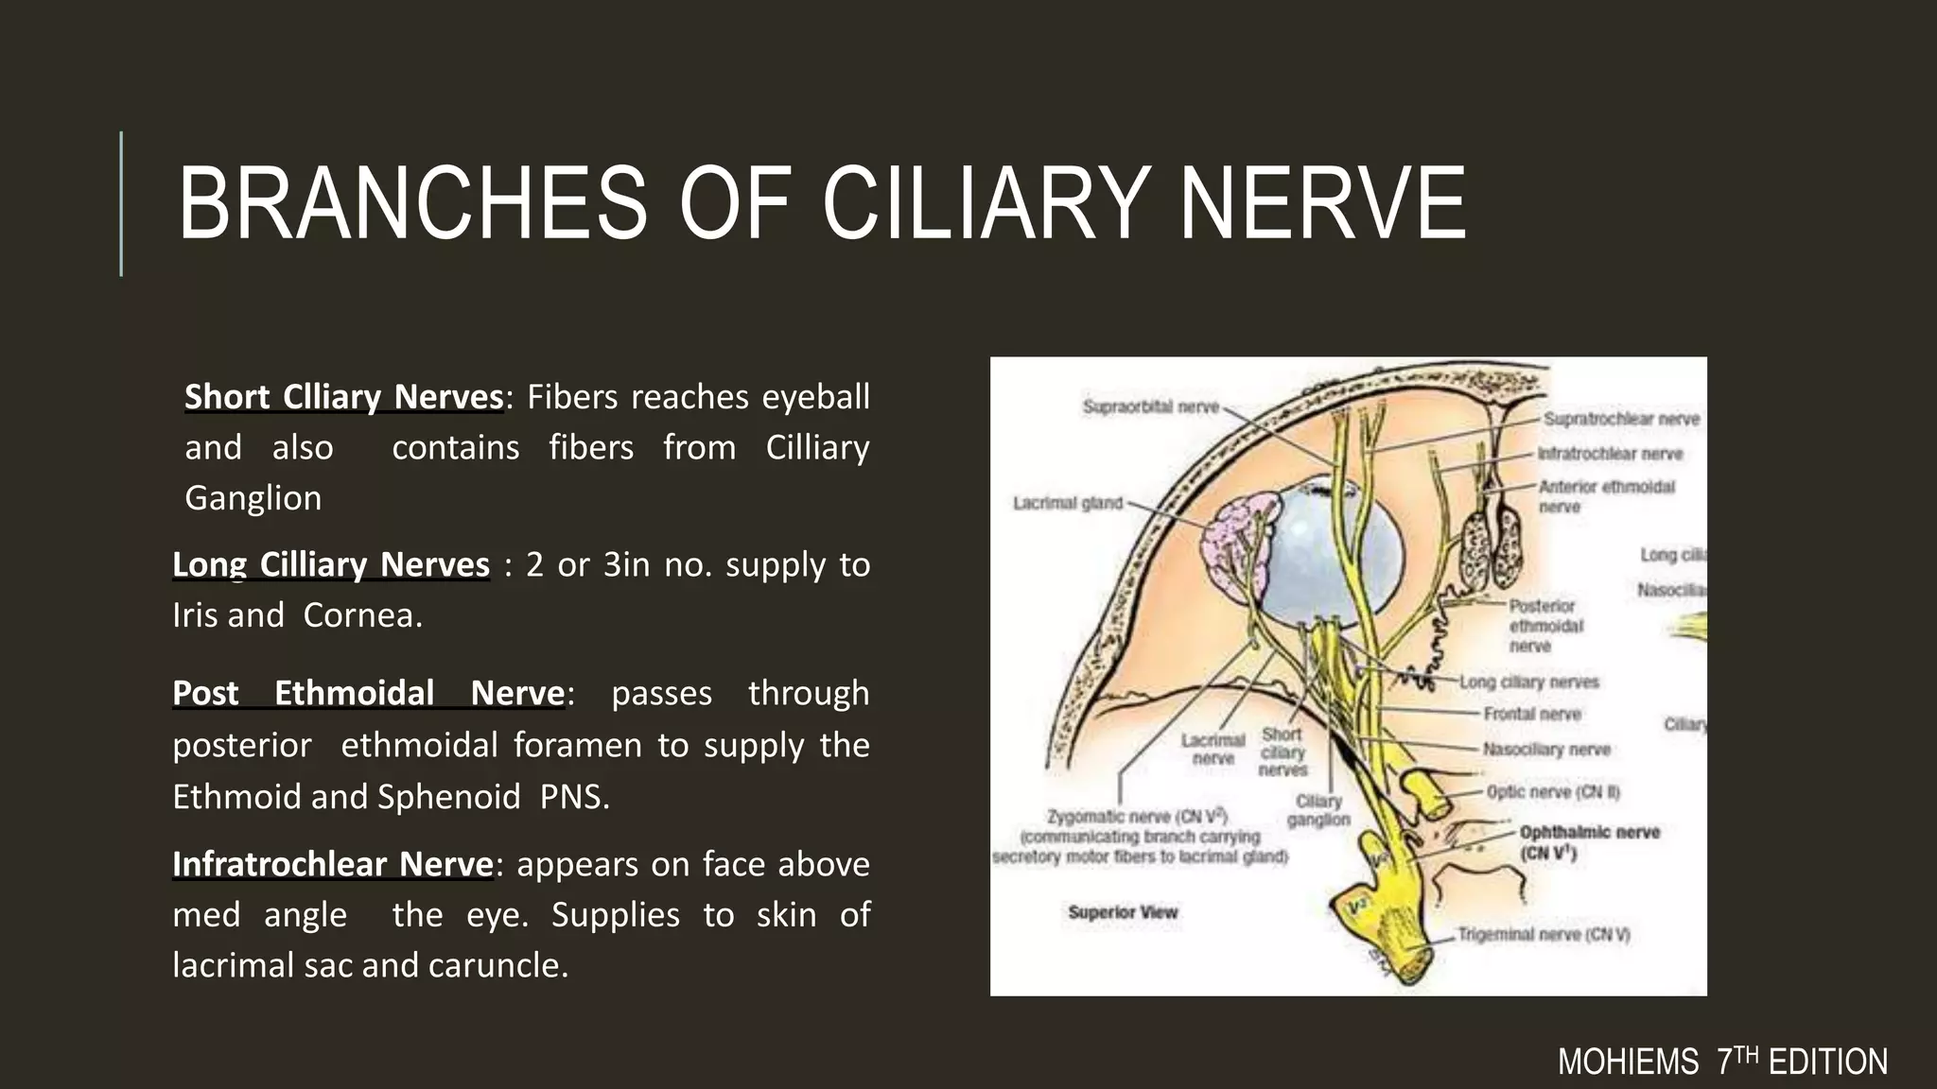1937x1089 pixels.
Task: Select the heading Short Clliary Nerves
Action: coord(343,397)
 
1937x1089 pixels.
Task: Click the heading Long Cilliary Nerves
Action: coord(331,565)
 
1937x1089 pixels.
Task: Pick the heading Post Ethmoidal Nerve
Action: coord(369,694)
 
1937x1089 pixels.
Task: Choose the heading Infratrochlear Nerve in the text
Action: coord(333,865)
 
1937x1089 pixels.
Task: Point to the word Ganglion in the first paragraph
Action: coord(253,498)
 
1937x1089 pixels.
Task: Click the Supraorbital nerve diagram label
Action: coord(1151,407)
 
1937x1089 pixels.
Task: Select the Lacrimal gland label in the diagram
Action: coord(1068,503)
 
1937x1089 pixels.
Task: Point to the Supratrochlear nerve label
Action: coord(1621,419)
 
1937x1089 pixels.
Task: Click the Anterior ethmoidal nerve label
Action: coord(1606,496)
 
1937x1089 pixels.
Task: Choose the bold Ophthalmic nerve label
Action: coord(1589,841)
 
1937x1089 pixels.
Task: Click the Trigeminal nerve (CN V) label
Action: coord(1544,935)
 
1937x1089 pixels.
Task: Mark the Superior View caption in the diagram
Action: coord(1123,912)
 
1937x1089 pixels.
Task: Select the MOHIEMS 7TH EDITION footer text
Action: coord(1722,1063)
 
